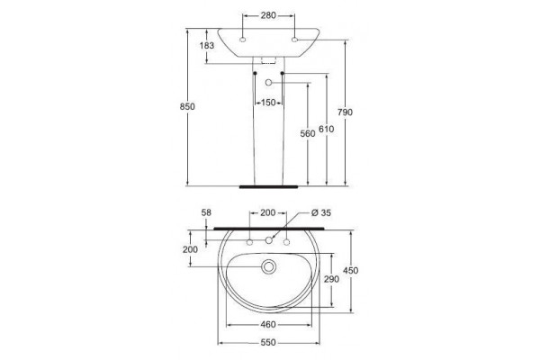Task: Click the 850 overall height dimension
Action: (187, 107)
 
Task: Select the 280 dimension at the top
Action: (268, 15)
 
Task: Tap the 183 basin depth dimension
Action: (207, 45)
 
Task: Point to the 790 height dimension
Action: (345, 112)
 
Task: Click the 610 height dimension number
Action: (326, 129)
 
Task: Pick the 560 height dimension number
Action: (308, 133)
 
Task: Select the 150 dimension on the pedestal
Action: (268, 103)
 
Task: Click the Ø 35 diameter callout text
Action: (321, 213)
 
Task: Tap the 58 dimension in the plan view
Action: (206, 212)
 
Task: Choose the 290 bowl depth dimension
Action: (331, 279)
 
